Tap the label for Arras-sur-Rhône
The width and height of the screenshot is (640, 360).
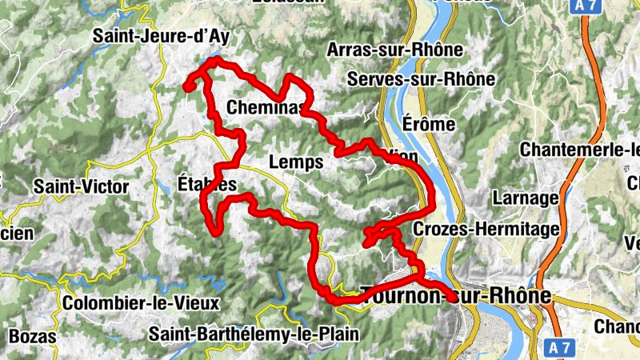[x=395, y=50]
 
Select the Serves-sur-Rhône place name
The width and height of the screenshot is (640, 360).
[x=422, y=80]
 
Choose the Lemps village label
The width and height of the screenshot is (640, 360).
[x=296, y=162]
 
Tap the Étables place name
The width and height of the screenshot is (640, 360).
[x=206, y=185]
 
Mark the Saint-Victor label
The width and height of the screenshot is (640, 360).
[x=81, y=186]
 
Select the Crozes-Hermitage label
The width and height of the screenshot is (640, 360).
[x=486, y=230]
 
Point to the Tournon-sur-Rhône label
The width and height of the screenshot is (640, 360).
[x=456, y=296]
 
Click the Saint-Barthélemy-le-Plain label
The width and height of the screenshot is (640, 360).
[x=254, y=334]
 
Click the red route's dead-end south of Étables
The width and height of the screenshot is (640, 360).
[x=216, y=231]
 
